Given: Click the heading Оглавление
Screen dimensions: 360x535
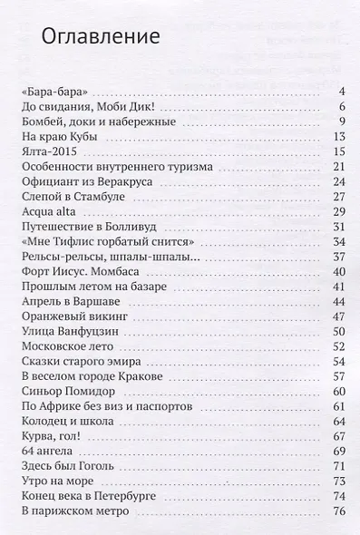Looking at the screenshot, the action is pos(101,38).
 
